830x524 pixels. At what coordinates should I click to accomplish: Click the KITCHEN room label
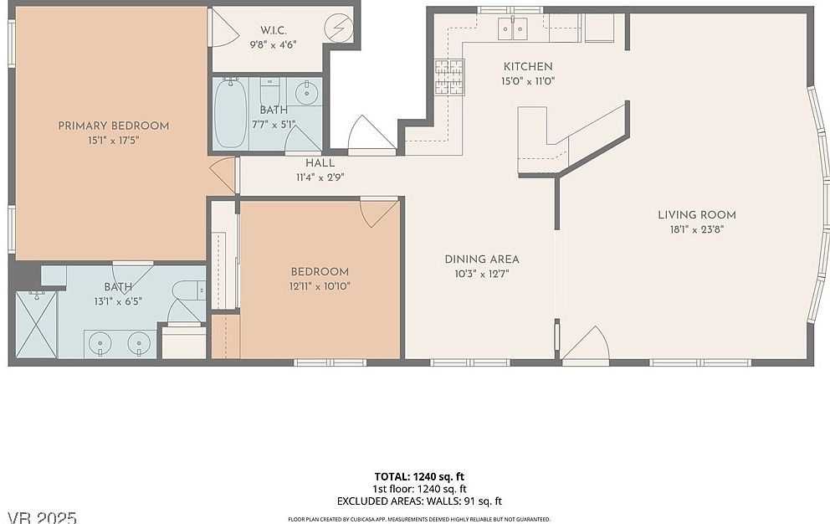pos(527,67)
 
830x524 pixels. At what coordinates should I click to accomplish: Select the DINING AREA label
pos(481,259)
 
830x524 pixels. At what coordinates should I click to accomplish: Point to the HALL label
pos(320,163)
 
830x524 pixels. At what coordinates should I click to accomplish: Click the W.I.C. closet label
pos(274,30)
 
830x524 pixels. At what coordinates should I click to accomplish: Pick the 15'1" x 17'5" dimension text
pos(113,141)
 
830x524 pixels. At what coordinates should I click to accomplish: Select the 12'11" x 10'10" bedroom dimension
pos(320,286)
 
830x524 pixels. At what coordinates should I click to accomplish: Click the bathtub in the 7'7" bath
pos(230,113)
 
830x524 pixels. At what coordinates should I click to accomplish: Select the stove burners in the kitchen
pos(448,78)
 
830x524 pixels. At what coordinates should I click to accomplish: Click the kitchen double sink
pos(513,28)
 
